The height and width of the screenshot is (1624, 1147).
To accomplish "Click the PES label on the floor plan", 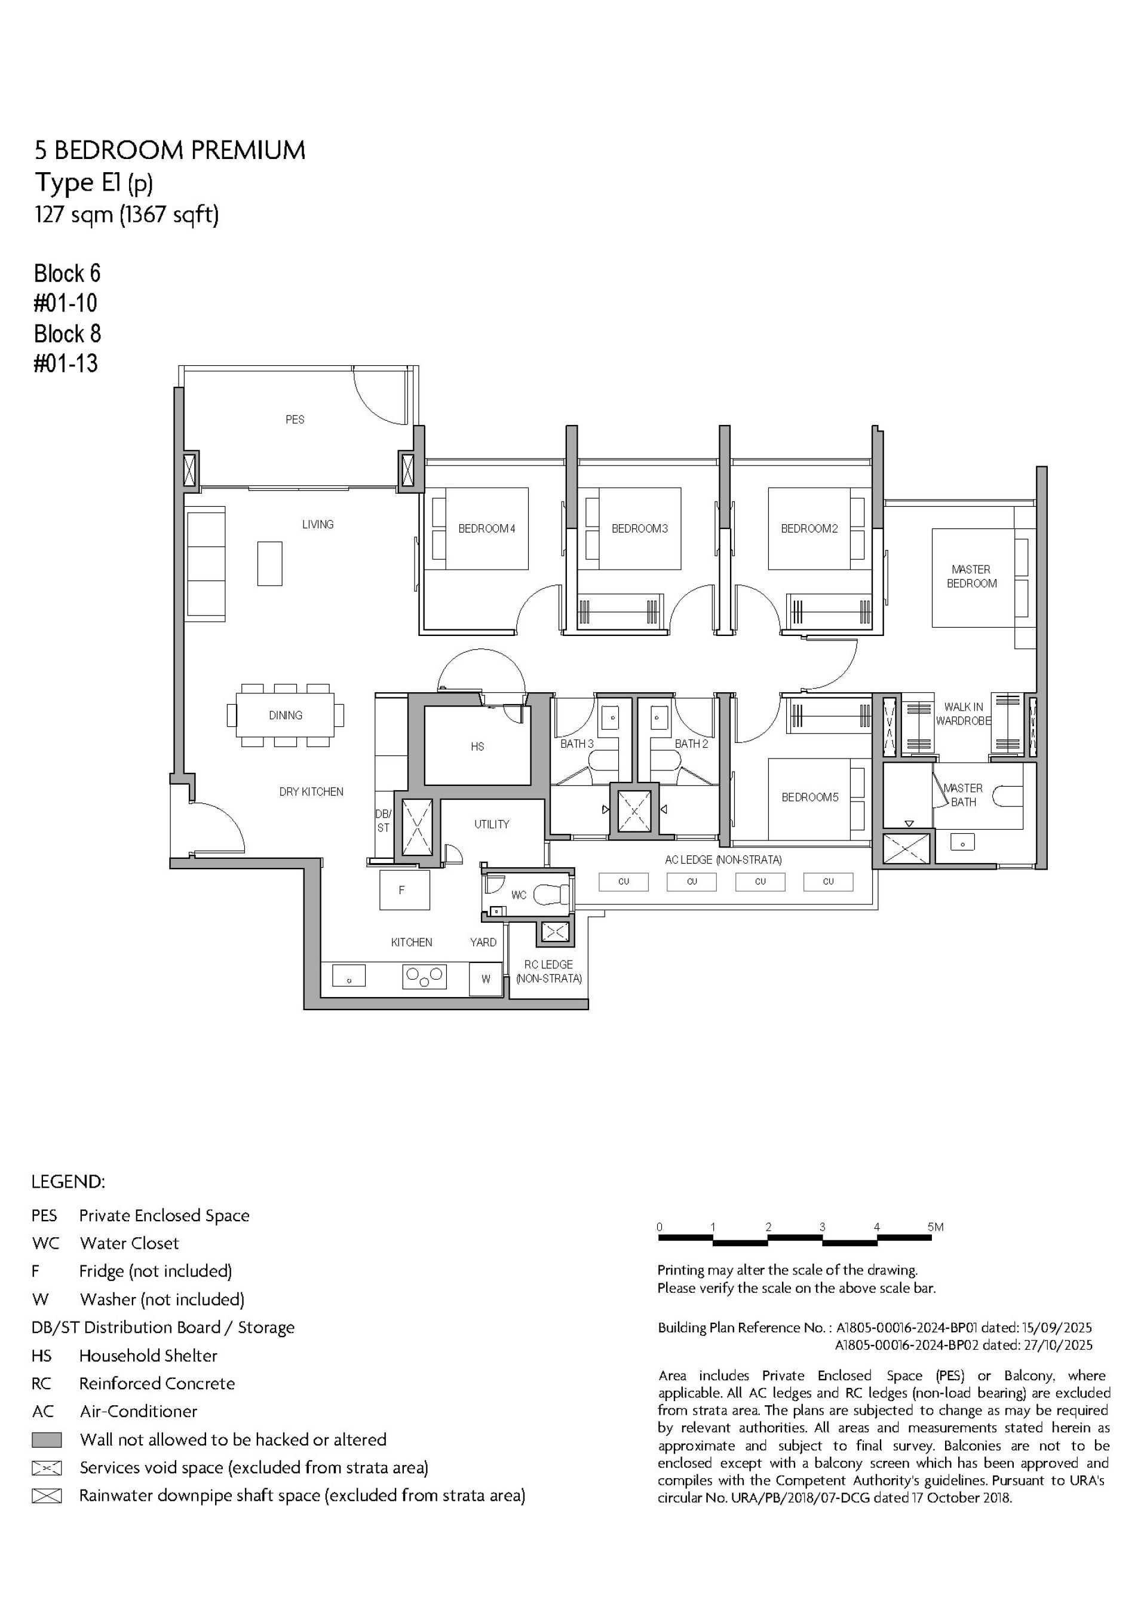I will [x=295, y=420].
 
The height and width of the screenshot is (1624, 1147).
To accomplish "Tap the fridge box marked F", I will [x=404, y=890].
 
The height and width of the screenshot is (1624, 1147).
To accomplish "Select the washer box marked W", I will [x=486, y=979].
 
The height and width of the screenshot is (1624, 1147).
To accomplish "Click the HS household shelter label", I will [x=477, y=746].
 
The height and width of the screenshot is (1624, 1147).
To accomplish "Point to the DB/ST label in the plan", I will [x=382, y=821].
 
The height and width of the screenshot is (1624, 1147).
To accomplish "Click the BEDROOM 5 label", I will [x=809, y=797].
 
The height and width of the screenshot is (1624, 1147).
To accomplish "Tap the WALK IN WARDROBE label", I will [x=963, y=714].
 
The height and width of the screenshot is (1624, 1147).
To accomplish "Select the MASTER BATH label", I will [x=963, y=794].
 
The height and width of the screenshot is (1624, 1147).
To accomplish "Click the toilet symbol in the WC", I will [x=551, y=895].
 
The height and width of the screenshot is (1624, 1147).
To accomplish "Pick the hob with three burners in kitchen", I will [x=424, y=977].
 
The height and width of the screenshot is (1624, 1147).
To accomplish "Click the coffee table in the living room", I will [x=269, y=564].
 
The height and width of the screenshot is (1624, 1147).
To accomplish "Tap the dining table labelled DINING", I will [x=285, y=715].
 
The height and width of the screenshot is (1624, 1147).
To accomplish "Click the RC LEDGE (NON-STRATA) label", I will [x=549, y=971].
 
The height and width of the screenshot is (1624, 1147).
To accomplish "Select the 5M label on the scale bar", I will [x=936, y=1227].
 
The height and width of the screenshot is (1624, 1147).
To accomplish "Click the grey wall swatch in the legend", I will [x=47, y=1439].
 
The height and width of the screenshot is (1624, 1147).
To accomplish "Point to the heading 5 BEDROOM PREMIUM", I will [x=170, y=150].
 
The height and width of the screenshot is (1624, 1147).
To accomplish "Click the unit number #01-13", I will [x=66, y=363].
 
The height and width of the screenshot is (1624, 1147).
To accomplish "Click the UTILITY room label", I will [x=492, y=824].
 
